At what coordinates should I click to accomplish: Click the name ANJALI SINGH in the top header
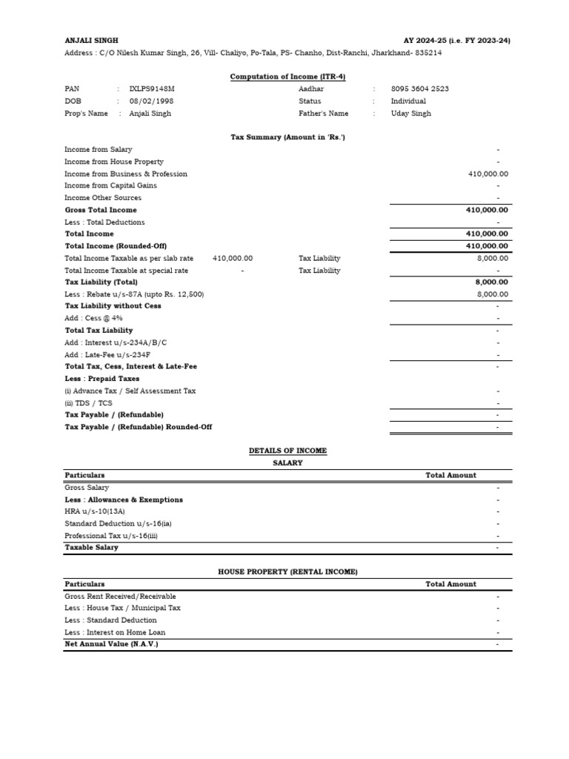coord(91,41)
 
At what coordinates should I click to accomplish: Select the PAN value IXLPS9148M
coord(152,89)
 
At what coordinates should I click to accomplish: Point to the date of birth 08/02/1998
coord(150,101)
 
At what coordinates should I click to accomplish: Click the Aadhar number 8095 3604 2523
coord(419,89)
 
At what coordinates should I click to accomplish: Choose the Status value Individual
coord(408,101)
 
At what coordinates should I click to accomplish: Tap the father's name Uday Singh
coord(410,113)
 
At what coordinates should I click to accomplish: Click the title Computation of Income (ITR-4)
coord(287,76)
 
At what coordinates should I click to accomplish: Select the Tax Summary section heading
coord(287,137)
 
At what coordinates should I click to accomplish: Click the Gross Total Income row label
coord(101,210)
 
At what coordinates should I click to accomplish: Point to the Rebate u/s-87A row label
coord(134,294)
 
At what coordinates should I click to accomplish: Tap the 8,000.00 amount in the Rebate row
coord(492,294)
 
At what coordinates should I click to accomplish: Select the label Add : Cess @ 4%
coord(93,318)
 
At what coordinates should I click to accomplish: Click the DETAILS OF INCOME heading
coord(287,451)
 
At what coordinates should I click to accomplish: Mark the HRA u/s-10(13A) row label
coord(95,511)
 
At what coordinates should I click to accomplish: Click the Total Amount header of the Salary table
coord(450,475)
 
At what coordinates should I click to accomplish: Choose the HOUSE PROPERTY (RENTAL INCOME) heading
coord(287,571)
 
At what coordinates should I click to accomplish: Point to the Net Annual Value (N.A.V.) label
coord(111,644)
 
